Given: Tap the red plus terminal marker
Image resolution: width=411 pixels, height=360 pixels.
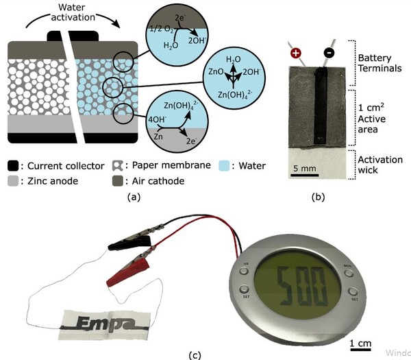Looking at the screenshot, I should [296, 53].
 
